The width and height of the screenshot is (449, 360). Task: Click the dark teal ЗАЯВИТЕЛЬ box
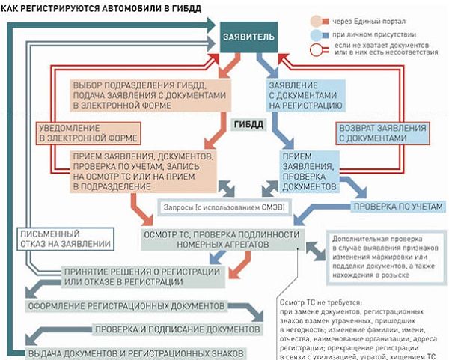pos(249,37)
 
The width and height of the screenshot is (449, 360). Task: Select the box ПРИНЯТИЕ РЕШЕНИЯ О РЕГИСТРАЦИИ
pos(122,276)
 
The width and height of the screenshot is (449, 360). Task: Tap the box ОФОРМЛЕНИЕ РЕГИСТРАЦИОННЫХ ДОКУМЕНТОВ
pos(126,307)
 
